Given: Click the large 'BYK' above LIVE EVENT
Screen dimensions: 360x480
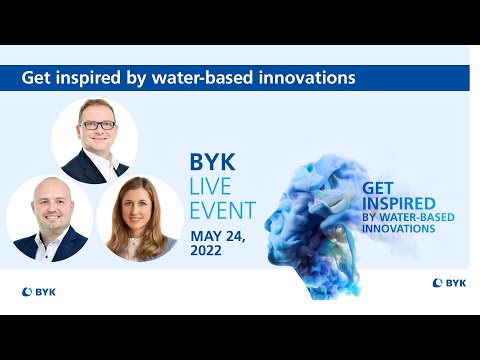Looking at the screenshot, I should [x=212, y=162].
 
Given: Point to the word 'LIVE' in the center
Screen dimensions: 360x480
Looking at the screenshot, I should [x=213, y=187].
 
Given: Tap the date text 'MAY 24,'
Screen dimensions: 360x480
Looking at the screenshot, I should [x=217, y=236].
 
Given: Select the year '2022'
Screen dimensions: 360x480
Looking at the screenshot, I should [x=208, y=251].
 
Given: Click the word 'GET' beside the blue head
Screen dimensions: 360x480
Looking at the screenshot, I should [x=378, y=187].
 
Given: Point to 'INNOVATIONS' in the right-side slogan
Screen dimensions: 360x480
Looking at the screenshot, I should [x=398, y=229].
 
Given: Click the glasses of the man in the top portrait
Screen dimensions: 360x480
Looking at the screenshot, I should [x=99, y=125].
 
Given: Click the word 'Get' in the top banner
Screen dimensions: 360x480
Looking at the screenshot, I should [x=36, y=76].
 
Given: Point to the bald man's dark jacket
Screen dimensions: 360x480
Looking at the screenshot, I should [x=30, y=248].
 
